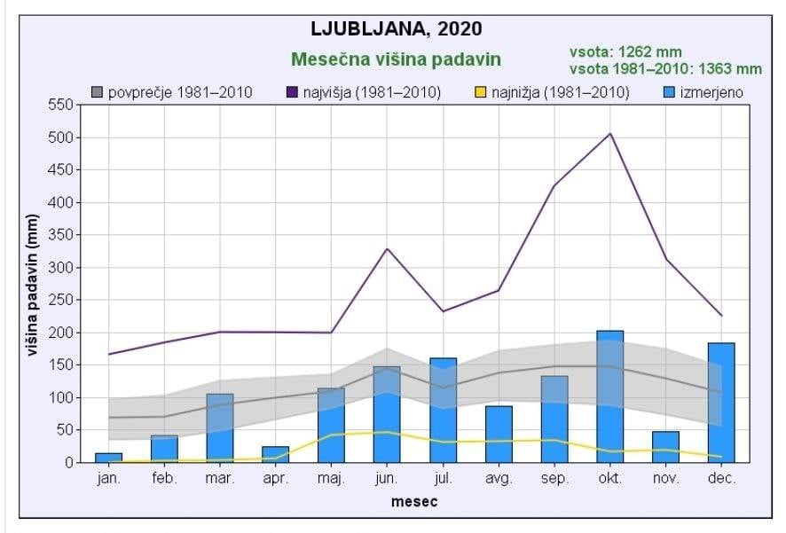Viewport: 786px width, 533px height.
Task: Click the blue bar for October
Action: pos(609,396)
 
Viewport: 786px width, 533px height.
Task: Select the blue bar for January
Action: pos(108,458)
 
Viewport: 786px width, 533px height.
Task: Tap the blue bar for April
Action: pos(275,454)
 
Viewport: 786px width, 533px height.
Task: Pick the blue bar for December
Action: pos(721,402)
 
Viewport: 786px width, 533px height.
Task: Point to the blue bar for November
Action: pos(665,447)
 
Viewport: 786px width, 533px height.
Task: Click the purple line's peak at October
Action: pos(610,134)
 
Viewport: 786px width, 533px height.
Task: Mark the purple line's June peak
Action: pos(387,248)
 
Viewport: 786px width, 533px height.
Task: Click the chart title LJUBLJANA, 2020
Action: pos(397,28)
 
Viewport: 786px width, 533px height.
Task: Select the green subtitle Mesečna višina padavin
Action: pos(397,59)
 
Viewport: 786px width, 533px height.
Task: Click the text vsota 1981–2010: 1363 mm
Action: pos(665,68)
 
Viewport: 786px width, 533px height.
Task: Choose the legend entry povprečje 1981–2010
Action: pos(172,92)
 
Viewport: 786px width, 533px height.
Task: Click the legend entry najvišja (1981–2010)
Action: pos(364,92)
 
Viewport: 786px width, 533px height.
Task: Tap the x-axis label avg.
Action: pos(499,479)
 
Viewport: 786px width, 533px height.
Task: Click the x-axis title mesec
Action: pos(413,502)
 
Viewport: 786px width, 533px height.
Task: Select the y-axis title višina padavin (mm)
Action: pos(33,286)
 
